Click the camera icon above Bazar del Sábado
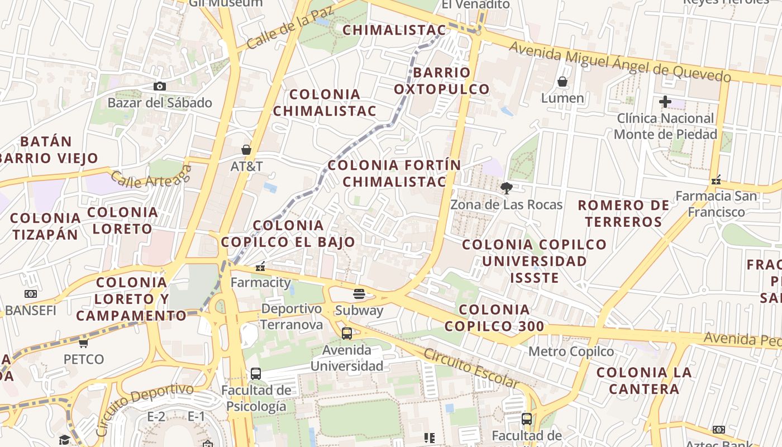tap(160, 86)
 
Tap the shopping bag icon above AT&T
tap(246, 150)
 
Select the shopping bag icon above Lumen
tap(562, 82)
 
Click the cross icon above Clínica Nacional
tap(665, 102)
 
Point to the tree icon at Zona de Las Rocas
tap(506, 188)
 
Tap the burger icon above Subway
tap(359, 293)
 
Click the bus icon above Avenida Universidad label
tap(347, 334)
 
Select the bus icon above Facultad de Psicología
tap(256, 373)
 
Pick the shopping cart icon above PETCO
tap(83, 343)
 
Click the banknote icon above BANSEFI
tap(31, 293)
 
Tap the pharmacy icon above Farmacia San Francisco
tap(716, 180)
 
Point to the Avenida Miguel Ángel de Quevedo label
tap(620, 62)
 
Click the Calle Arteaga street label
tap(151, 178)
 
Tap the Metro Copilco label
tap(571, 351)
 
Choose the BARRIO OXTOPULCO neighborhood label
tap(441, 81)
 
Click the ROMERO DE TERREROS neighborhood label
tap(623, 213)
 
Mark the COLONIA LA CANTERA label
tap(644, 381)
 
